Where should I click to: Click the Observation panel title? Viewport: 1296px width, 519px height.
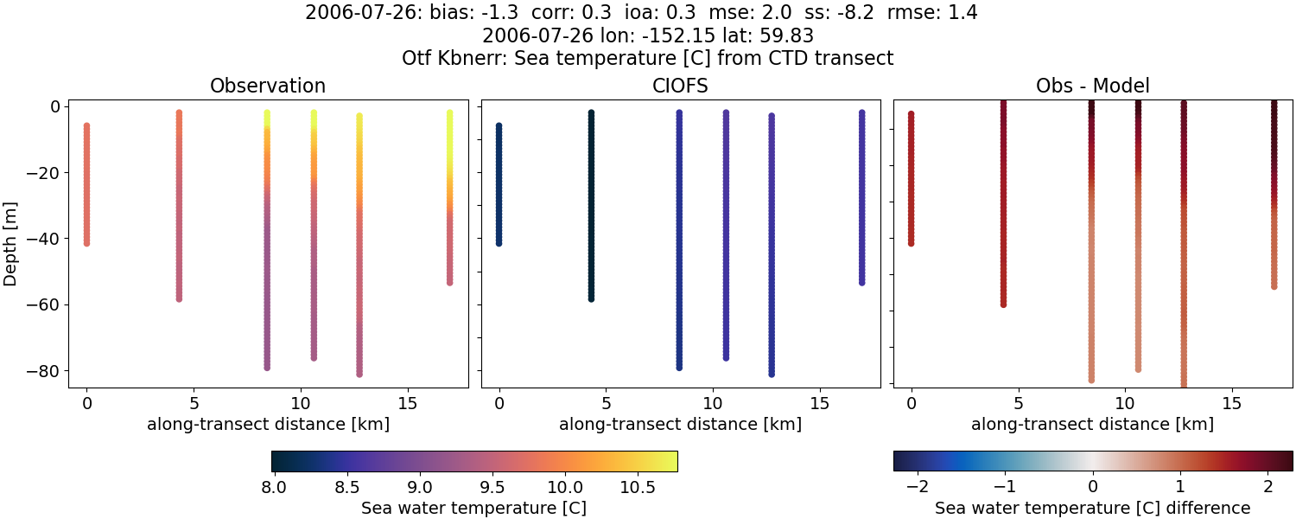tap(268, 86)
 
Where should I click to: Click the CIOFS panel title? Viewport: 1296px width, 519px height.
tap(680, 86)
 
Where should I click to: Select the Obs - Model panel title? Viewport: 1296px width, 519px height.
tap(1092, 86)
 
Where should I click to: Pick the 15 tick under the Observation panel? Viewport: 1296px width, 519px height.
tap(407, 404)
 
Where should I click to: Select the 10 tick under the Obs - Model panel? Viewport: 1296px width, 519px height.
tap(1125, 404)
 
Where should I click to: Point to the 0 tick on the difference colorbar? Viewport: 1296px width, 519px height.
tap(1093, 488)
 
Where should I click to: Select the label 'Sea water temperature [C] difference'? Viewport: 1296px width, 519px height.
tap(1092, 508)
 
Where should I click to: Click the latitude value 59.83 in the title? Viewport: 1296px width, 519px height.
tap(788, 36)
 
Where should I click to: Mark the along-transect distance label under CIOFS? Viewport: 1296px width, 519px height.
tap(680, 424)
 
